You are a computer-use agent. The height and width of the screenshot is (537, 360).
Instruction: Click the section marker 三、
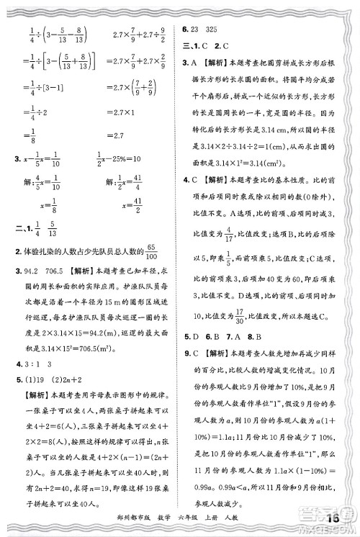[190, 46]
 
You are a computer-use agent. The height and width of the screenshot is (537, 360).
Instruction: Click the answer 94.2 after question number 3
[33, 272]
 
